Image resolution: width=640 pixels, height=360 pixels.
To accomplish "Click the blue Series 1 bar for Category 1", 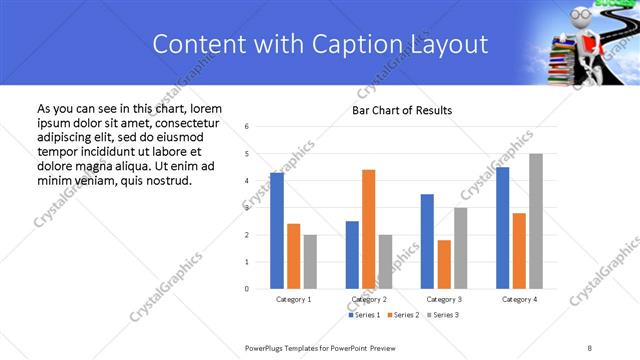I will click(277, 231).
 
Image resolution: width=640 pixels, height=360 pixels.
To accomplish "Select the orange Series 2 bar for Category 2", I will click(368, 229).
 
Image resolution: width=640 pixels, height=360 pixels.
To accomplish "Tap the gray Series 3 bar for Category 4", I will click(536, 221).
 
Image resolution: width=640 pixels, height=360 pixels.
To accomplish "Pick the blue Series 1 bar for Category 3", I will click(427, 241).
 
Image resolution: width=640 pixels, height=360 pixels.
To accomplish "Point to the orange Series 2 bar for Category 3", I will click(444, 264).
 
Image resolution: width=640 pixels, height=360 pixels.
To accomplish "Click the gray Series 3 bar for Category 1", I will click(310, 262).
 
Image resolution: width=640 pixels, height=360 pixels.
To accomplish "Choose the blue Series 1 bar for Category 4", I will click(502, 228).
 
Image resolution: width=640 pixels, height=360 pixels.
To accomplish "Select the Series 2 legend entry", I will click(401, 315).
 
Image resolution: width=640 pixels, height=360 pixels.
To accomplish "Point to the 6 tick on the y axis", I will click(247, 126).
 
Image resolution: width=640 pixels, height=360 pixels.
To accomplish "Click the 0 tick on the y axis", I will click(247, 289).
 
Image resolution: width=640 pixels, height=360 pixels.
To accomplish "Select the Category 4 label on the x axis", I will click(519, 299).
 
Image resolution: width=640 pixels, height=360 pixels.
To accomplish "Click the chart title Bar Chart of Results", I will click(402, 110).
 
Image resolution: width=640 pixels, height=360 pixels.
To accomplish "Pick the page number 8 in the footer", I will click(590, 347).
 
